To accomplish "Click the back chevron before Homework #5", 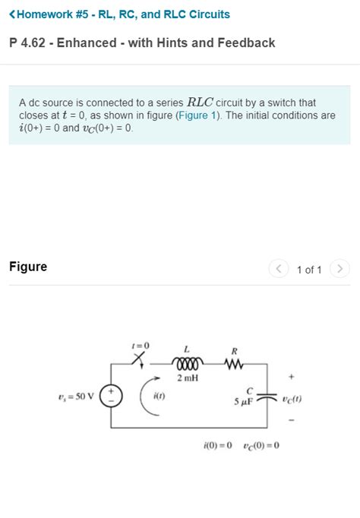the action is tap(12, 14).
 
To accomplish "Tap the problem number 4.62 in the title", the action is tap(33, 43).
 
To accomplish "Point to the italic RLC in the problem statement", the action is tap(201, 102).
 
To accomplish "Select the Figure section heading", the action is tap(28, 267).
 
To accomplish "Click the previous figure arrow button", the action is tap(279, 269).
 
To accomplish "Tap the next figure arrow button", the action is tap(339, 269).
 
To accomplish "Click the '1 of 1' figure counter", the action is tap(309, 270).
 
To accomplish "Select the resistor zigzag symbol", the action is tap(234, 364).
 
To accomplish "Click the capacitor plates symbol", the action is tap(267, 396).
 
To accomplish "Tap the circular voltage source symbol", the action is tap(111, 396).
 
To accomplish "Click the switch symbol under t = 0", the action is tap(138, 359).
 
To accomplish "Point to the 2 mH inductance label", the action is tap(188, 378).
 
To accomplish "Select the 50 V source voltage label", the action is tap(76, 396).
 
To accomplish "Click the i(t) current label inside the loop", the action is tap(159, 396).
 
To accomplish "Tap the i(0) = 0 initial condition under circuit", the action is tap(218, 445).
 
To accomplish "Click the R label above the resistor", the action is tap(234, 351).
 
